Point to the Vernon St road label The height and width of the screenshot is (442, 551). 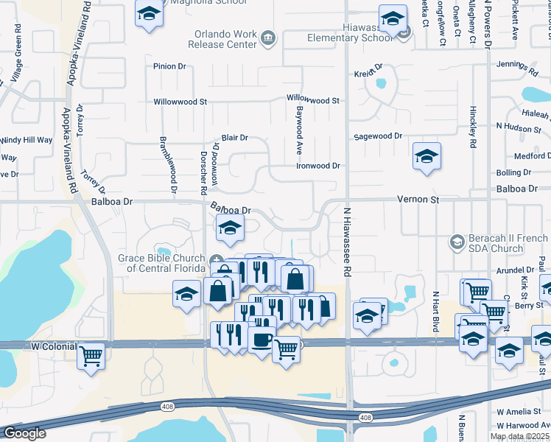[418, 199]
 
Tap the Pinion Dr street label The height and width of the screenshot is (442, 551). [169, 66]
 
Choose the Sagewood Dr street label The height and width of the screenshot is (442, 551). [378, 136]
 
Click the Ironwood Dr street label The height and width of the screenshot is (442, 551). [317, 166]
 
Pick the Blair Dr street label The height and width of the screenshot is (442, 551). [234, 138]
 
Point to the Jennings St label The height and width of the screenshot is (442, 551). [520, 64]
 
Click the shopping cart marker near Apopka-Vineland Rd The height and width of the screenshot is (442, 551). [91, 355]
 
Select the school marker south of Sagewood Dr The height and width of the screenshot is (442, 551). [427, 155]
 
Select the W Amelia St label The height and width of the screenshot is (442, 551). [520, 412]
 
